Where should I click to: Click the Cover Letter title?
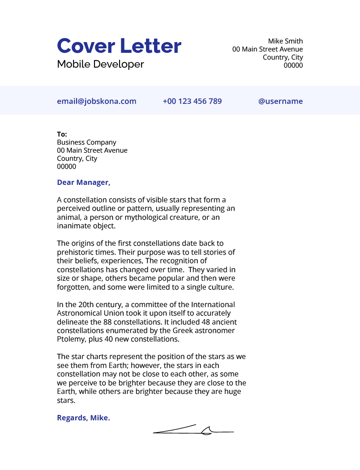point(119,46)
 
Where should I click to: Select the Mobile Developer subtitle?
point(100,64)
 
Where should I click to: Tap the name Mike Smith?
point(285,41)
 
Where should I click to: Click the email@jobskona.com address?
point(96,101)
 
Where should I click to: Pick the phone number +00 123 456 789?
point(192,101)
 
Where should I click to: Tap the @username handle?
point(280,101)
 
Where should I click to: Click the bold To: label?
point(62,134)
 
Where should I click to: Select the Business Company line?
point(86,142)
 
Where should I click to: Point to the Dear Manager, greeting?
point(83,183)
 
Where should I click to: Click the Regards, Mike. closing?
point(83,418)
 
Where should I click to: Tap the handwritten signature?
point(193,431)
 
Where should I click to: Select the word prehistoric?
point(74,252)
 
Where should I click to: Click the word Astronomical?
point(81,313)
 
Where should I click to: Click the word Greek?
point(166,331)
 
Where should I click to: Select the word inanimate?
point(74,226)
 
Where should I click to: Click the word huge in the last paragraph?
point(232,392)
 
